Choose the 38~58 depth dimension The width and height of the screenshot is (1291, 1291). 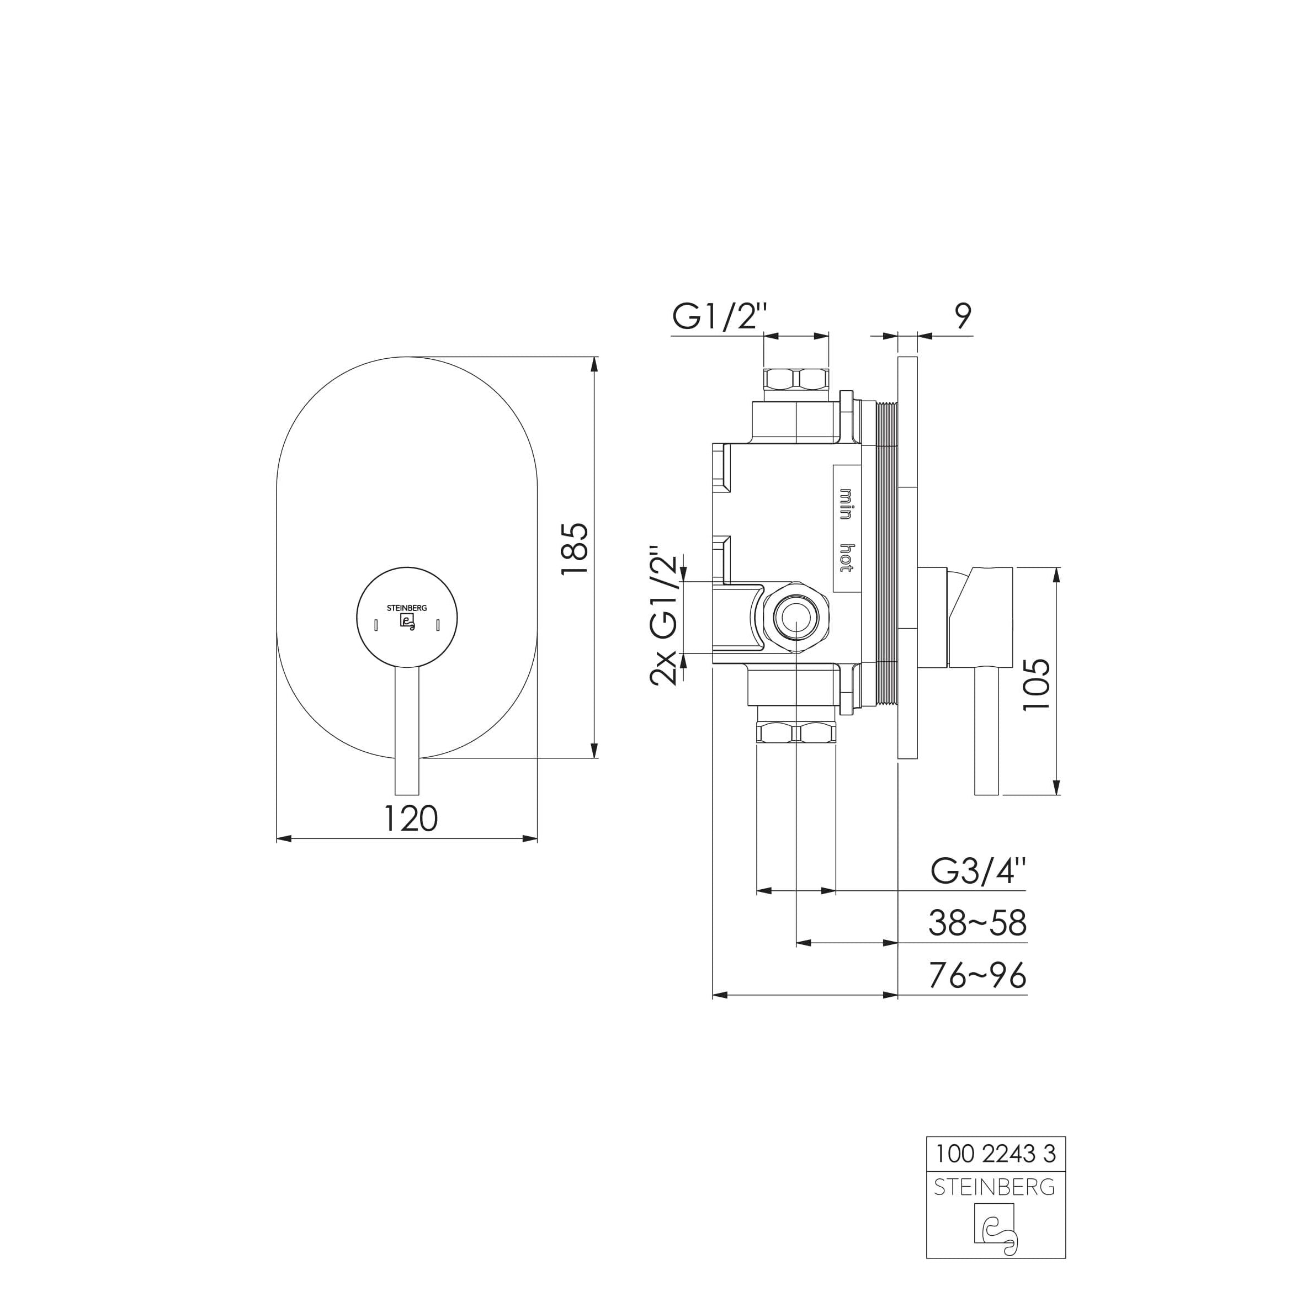(x=977, y=923)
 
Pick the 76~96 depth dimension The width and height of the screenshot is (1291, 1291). (x=977, y=976)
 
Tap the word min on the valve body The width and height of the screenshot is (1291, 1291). (x=846, y=504)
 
